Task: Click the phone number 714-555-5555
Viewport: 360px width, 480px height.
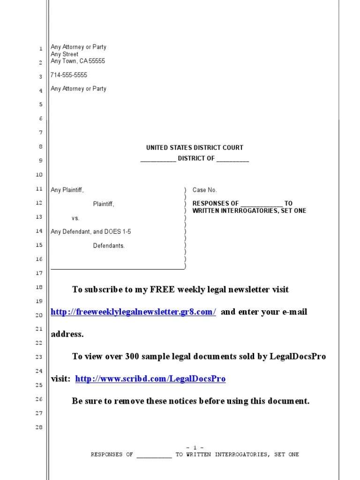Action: coord(69,75)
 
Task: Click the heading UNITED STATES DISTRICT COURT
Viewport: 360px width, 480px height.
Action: coord(195,148)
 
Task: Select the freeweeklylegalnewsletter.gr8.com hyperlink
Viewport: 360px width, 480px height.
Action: coord(133,312)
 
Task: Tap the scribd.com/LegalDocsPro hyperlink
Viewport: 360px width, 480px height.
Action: coord(150,379)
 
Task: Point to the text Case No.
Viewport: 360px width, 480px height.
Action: coord(205,190)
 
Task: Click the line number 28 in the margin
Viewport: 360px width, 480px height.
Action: coord(39,427)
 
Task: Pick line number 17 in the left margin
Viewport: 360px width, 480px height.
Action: coord(39,273)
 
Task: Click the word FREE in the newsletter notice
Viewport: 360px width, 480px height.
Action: coord(163,290)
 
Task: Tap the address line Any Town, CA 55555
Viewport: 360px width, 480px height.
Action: coord(78,61)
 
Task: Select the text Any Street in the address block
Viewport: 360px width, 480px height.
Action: coord(65,54)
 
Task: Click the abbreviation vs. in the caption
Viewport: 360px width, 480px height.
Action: coord(75,218)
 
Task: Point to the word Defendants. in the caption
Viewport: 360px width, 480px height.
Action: coord(109,246)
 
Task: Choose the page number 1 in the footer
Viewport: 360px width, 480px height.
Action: coord(195,448)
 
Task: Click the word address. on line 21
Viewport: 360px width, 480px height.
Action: coord(67,334)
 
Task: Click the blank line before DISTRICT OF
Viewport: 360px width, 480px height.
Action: coord(158,159)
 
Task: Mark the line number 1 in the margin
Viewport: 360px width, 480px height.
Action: coord(41,48)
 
